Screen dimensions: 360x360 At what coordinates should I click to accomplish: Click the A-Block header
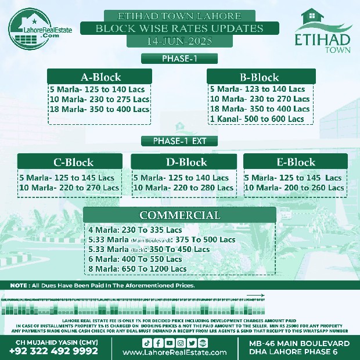100,77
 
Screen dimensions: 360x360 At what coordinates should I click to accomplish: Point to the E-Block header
296,162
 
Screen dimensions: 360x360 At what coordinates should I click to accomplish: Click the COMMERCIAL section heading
180,215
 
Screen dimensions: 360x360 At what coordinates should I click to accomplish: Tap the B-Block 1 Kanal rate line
257,119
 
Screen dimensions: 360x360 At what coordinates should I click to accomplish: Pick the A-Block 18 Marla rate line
99,109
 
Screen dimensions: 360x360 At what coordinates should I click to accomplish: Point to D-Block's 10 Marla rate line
183,188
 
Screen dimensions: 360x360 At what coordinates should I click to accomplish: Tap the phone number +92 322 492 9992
53,351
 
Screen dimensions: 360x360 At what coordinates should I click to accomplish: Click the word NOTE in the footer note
20,285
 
